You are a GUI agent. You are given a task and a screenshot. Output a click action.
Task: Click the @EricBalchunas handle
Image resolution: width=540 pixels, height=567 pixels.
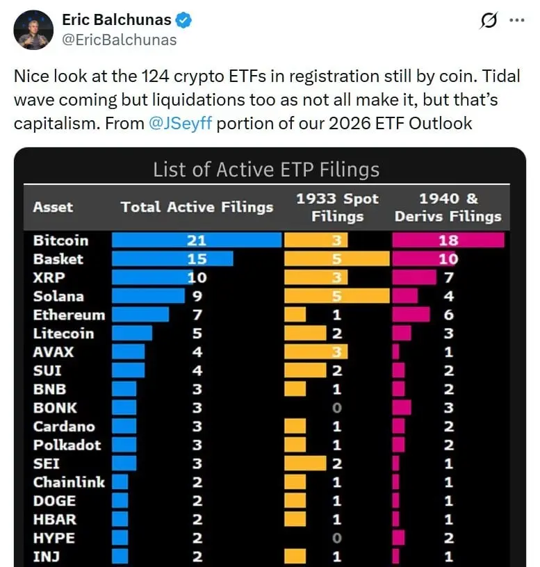[120, 40]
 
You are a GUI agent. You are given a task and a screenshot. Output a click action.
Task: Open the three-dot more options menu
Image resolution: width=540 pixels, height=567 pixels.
[517, 21]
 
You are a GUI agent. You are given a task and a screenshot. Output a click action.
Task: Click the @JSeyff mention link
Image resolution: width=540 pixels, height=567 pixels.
[180, 124]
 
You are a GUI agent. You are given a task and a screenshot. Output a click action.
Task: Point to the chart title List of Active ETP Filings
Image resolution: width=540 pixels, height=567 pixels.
[266, 170]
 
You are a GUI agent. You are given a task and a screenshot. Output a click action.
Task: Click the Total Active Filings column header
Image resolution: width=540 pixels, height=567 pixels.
[197, 207]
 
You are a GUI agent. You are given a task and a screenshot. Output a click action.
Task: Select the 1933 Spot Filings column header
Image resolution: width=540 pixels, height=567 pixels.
[337, 207]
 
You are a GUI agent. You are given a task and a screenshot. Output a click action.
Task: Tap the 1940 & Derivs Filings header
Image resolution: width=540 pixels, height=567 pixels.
[448, 207]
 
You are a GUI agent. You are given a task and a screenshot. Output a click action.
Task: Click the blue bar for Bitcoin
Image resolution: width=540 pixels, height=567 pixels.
[197, 240]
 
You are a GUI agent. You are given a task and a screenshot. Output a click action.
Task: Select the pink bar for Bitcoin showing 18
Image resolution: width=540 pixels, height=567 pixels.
[448, 240]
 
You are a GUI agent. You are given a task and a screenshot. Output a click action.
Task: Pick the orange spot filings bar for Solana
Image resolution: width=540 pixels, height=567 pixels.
[337, 296]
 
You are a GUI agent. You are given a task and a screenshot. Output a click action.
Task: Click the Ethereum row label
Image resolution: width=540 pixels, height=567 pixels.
[69, 315]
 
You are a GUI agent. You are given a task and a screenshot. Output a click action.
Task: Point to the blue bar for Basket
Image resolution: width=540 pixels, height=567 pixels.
[172, 259]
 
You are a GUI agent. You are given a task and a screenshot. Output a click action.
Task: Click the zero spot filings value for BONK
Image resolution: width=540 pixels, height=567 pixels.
[337, 408]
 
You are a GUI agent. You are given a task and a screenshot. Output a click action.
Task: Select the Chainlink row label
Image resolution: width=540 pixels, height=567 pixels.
[69, 482]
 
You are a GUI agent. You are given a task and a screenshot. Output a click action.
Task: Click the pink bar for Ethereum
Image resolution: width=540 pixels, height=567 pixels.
[411, 315]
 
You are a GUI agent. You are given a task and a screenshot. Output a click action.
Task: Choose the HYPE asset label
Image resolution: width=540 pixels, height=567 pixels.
[54, 538]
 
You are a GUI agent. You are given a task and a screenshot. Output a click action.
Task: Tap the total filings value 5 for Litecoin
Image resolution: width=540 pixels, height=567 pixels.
[197, 334]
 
